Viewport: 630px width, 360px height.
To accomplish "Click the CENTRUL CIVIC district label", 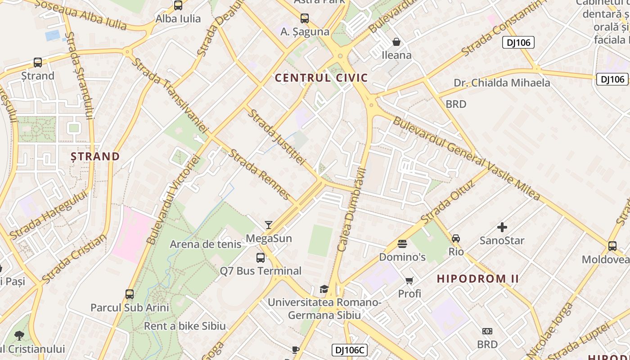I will pos(321,78).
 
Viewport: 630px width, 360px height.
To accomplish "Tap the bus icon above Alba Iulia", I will pos(178,6).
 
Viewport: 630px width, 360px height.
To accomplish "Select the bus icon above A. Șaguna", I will pos(305,18).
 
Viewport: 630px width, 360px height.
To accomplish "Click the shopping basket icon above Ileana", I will pos(396,42).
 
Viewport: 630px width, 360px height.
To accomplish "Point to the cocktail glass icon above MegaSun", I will pos(269,225).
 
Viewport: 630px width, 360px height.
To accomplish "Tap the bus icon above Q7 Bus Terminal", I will pos(261,258).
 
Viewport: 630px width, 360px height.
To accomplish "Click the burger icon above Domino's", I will pos(402,244).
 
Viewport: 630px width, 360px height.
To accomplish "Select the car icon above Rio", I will pos(456,238).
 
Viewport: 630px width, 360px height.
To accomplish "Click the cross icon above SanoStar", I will pos(502,227).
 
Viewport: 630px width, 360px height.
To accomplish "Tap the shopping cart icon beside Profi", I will pos(409,281).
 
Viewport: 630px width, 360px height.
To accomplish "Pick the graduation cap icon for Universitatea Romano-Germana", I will pos(324,289).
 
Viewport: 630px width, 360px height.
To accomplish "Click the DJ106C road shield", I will pos(350,350).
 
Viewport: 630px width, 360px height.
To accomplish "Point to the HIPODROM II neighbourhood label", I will pos(478,279).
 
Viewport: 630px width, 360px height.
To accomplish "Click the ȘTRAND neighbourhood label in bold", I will pos(95,157).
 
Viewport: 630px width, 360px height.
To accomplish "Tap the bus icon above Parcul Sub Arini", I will pos(130,294).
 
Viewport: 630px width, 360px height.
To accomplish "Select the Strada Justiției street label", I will pos(277,137).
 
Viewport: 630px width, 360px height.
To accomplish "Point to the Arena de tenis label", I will pos(206,244).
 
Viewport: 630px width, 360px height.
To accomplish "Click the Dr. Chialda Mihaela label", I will pos(502,83).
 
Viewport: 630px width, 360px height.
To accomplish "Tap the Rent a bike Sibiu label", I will pos(184,326).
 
